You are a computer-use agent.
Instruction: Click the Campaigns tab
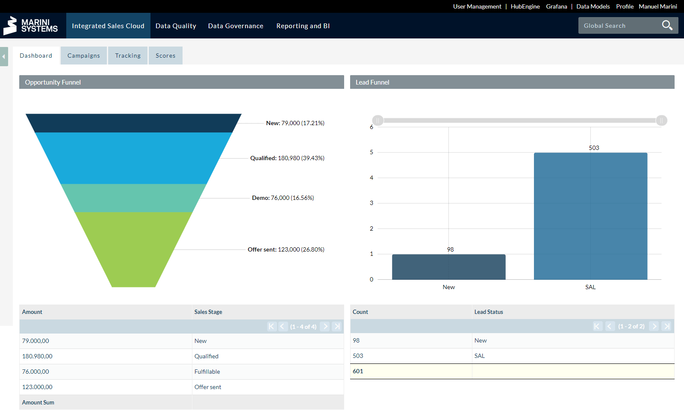point(83,56)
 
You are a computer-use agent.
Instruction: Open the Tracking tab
point(128,56)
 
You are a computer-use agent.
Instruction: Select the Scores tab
point(165,56)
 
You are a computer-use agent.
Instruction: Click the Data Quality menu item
point(176,26)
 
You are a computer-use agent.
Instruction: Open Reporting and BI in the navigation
point(303,26)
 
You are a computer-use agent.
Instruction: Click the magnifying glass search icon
point(667,26)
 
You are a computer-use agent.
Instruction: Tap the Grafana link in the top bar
point(556,6)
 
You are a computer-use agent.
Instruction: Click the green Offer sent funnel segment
point(133,248)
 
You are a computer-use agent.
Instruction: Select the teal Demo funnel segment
point(133,198)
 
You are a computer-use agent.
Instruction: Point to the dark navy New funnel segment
point(133,123)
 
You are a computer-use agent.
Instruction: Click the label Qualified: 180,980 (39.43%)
point(287,158)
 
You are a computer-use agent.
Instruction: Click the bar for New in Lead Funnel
point(448,267)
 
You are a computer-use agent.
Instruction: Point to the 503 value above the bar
point(594,148)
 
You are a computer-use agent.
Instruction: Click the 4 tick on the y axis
point(371,178)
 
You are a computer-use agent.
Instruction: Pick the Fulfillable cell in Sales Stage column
point(207,372)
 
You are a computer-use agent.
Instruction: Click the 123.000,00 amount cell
point(37,387)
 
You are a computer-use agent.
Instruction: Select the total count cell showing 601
point(358,371)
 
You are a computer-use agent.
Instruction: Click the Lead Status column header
point(489,312)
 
